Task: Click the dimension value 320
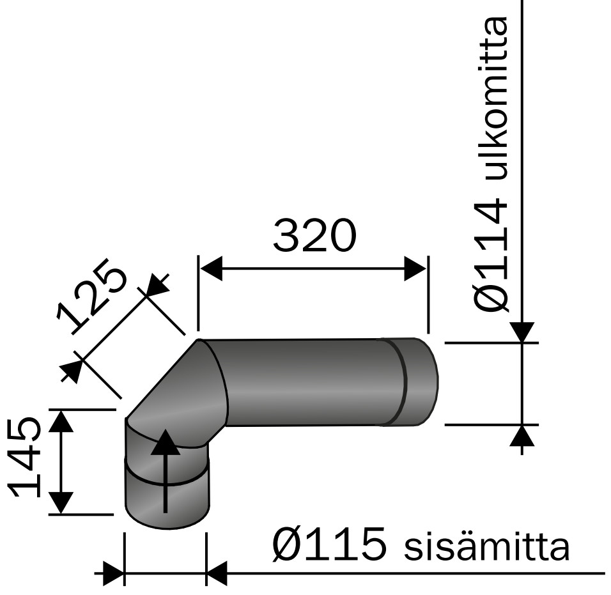click(x=313, y=236)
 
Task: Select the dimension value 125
click(x=92, y=297)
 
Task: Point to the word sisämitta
click(x=486, y=547)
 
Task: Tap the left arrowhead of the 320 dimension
click(x=211, y=269)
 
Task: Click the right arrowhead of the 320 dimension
click(x=415, y=269)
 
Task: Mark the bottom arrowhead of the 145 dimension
click(x=61, y=502)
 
